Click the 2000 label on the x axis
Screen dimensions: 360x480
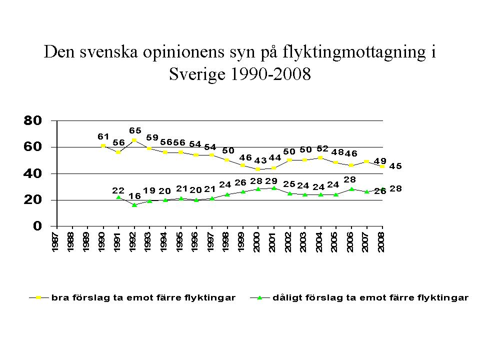(x=257, y=242)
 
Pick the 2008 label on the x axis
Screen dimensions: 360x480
(x=381, y=242)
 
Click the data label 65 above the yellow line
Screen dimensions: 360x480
(x=135, y=130)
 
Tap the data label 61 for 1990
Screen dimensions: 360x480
(x=103, y=136)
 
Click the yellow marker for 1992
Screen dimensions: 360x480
(x=134, y=140)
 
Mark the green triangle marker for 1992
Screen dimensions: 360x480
(x=134, y=205)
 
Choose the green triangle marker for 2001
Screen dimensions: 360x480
(x=273, y=188)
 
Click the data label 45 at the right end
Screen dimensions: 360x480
(x=396, y=166)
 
